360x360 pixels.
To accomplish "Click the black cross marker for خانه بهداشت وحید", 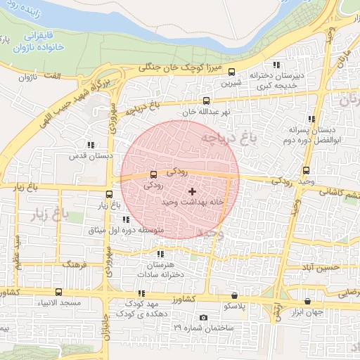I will [192, 191].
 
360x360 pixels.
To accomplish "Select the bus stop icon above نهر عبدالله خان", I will [206, 101].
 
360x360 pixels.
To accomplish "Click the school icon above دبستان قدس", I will [89, 145].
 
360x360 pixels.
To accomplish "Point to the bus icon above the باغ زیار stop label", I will [109, 195].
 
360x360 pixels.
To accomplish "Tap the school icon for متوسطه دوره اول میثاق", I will [126, 220].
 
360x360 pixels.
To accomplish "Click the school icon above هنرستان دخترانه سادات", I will [161, 255].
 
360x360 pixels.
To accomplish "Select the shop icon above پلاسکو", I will [234, 296].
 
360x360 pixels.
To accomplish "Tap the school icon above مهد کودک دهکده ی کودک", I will [141, 293].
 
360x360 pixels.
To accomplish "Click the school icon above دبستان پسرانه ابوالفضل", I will [311, 120].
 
